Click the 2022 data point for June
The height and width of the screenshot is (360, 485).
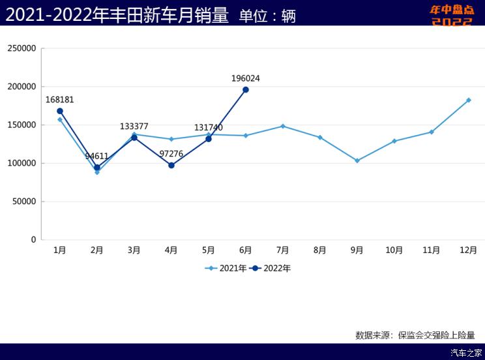click(246, 89)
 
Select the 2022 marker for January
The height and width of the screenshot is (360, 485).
click(60, 111)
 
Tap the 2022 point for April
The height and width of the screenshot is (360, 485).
click(171, 165)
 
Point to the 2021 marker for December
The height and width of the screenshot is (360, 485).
click(469, 100)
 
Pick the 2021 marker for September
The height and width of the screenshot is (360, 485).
click(357, 160)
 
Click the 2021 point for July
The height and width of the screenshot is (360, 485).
click(283, 126)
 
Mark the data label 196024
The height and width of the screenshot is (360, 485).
click(246, 78)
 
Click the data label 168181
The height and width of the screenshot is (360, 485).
click(60, 100)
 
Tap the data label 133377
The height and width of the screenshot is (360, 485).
click(134, 126)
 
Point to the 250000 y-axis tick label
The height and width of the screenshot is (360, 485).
click(22, 48)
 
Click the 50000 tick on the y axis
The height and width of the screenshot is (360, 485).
click(24, 202)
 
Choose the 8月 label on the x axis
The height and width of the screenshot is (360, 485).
click(320, 250)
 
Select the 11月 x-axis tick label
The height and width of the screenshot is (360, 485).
click(432, 250)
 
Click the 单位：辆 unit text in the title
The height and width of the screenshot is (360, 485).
click(267, 16)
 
